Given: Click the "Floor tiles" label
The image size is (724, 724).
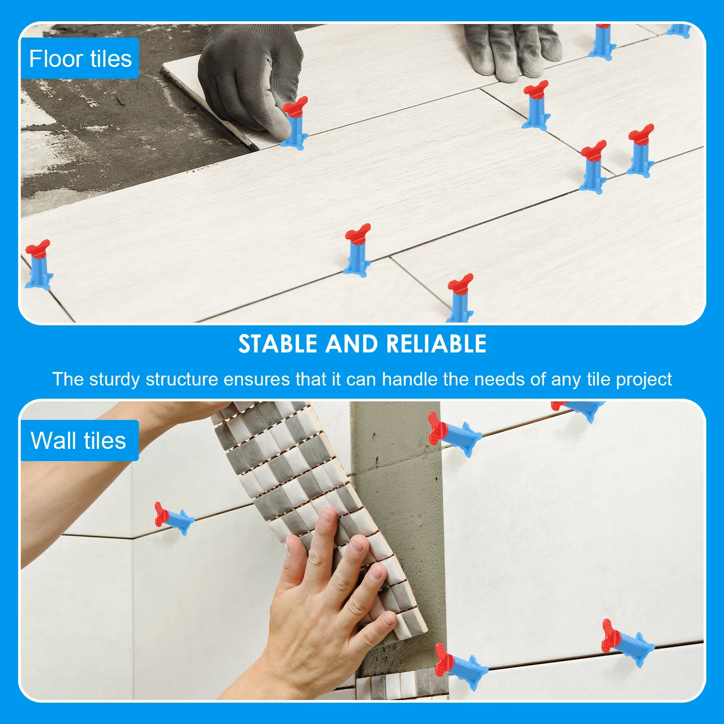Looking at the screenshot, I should click(80, 59).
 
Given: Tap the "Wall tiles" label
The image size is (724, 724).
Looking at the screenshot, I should click(78, 441).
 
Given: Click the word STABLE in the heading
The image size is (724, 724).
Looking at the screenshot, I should click(278, 344).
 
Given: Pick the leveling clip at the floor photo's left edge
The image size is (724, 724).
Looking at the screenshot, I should click(38, 265).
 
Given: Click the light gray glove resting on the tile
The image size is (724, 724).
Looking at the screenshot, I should click(511, 50).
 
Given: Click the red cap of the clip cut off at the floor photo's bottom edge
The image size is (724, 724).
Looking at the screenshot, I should click(460, 283).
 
